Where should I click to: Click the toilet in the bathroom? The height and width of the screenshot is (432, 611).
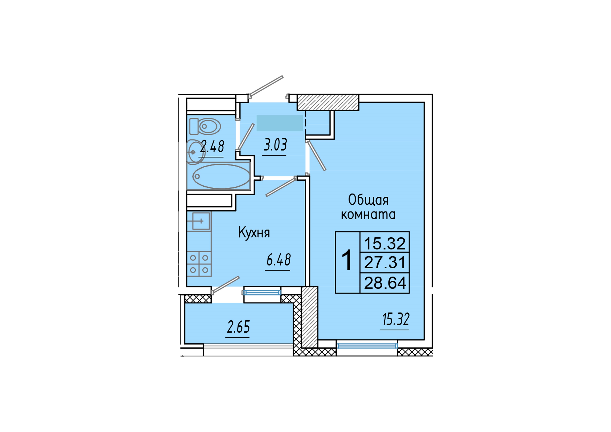[x=205, y=126]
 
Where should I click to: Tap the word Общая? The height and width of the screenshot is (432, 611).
[x=368, y=200]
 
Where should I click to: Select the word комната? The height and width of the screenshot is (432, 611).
[x=368, y=215]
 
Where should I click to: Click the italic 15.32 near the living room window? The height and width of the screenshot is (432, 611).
[x=396, y=319]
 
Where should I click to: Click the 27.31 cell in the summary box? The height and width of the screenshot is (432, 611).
[x=385, y=263]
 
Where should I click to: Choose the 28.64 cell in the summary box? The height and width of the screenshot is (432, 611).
[x=385, y=283]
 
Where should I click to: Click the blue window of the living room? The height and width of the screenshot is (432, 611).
[x=367, y=346]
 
